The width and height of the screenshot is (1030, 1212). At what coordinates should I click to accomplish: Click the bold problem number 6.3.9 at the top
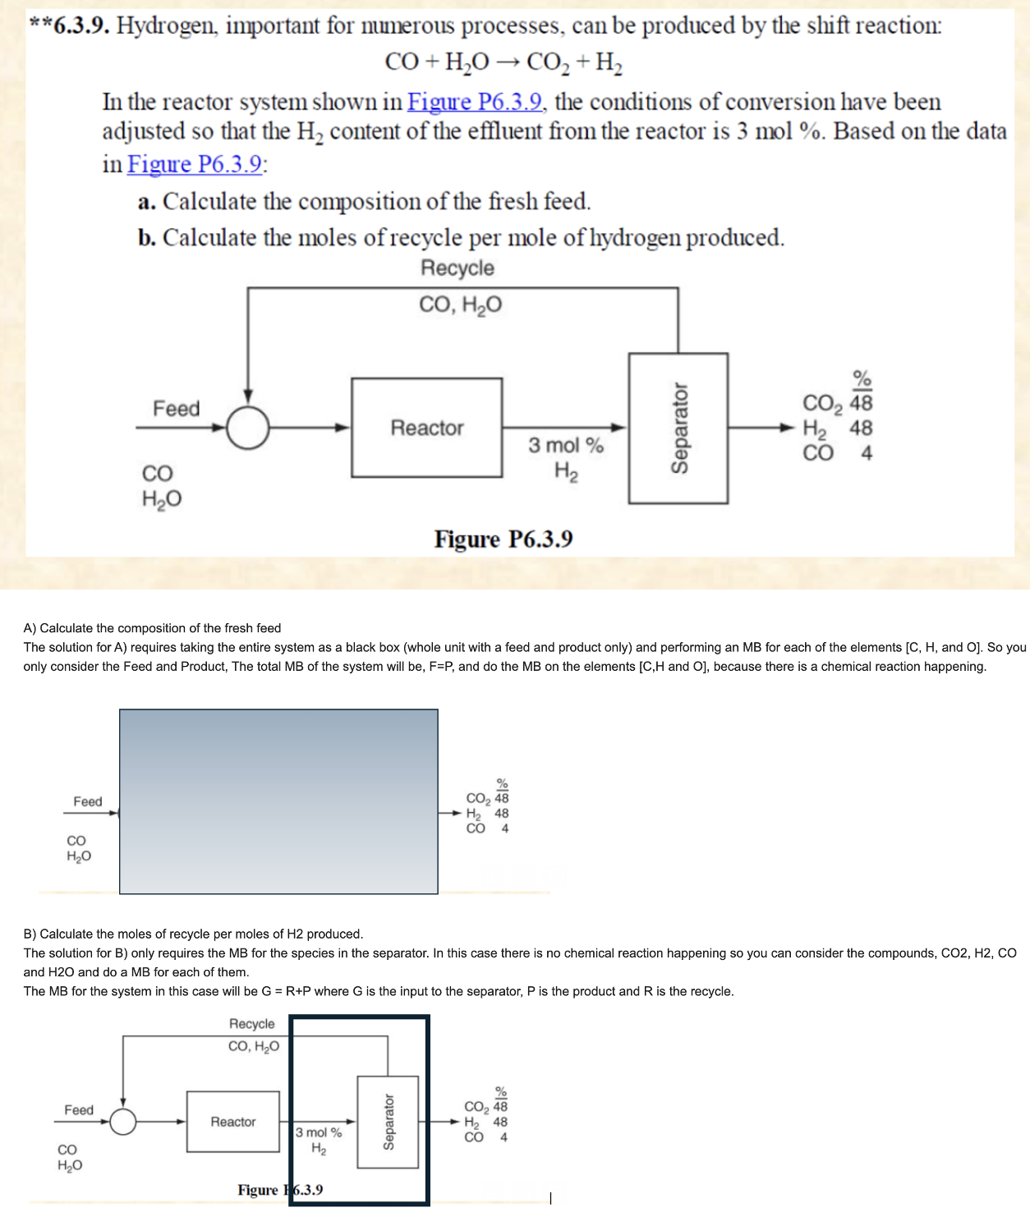pyautogui.click(x=80, y=26)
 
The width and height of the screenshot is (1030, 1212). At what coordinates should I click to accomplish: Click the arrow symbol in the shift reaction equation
pyautogui.click(x=507, y=62)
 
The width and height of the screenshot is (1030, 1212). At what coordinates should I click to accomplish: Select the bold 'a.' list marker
pyautogui.click(x=147, y=202)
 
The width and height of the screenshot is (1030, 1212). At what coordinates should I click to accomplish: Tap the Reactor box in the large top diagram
pyautogui.click(x=426, y=428)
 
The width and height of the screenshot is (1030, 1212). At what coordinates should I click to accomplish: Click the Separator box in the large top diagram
pyautogui.click(x=678, y=428)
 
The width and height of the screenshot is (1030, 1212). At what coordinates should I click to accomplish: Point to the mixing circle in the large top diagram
pyautogui.click(x=247, y=428)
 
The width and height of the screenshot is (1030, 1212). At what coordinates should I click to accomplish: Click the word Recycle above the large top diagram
pyautogui.click(x=458, y=269)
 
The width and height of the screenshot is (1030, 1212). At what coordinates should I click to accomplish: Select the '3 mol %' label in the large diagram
pyautogui.click(x=565, y=446)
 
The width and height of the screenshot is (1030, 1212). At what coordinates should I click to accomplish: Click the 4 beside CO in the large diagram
pyautogui.click(x=867, y=453)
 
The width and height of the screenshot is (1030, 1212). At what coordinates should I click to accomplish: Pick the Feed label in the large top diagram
pyautogui.click(x=176, y=409)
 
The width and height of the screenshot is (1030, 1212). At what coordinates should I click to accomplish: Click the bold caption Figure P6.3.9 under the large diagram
pyautogui.click(x=504, y=539)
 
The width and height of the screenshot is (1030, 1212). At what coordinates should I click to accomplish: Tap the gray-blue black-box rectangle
pyautogui.click(x=278, y=801)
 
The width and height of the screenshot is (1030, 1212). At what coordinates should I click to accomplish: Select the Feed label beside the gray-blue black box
pyautogui.click(x=88, y=801)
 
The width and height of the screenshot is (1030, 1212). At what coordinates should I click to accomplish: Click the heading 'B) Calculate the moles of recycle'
pyautogui.click(x=193, y=934)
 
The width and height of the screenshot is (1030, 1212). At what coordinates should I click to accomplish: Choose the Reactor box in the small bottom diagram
pyautogui.click(x=232, y=1122)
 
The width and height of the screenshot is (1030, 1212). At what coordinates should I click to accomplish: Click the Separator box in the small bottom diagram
pyautogui.click(x=388, y=1122)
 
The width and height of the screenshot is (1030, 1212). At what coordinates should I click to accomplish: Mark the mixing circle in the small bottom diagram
pyautogui.click(x=123, y=1122)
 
